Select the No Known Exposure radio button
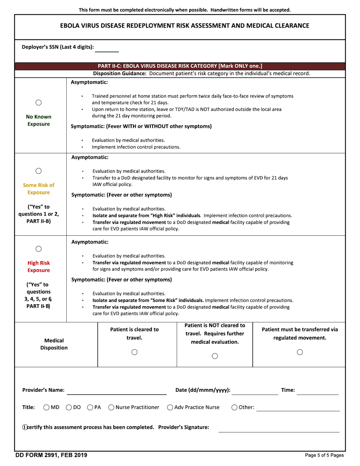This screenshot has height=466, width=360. tap(38, 103)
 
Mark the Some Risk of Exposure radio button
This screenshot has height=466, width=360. tap(38, 171)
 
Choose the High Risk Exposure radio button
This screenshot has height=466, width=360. tap(38, 249)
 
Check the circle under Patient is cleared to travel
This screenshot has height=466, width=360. tap(134, 352)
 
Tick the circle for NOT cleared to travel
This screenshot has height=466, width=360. tap(215, 356)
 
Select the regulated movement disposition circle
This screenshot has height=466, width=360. tap(299, 352)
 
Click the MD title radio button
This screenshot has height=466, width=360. tap(46, 408)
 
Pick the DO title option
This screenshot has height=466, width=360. tap(69, 408)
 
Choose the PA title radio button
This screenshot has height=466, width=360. tap(90, 408)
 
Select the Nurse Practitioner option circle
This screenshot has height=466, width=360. tap(111, 408)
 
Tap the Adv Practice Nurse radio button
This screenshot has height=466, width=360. tap(170, 408)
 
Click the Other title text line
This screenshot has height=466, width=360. tap(298, 408)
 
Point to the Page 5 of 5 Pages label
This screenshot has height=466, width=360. tap(324, 455)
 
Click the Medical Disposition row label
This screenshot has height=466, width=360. tap(54, 344)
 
